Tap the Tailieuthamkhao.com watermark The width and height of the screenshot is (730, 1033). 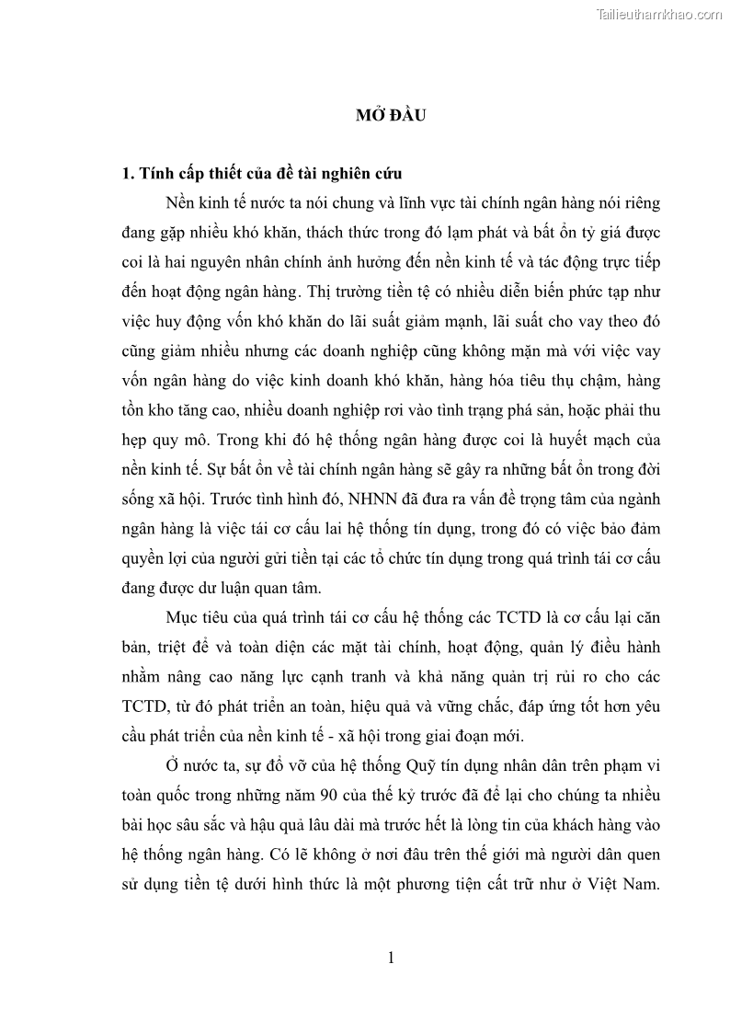(x=660, y=14)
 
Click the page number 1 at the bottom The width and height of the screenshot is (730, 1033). (x=391, y=958)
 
